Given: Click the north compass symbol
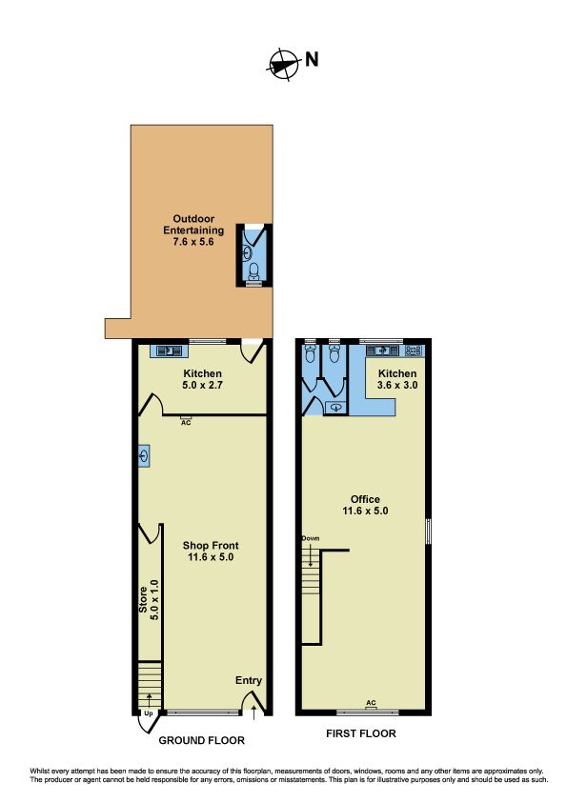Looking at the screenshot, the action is [x=283, y=65].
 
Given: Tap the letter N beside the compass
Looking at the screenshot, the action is [x=312, y=60].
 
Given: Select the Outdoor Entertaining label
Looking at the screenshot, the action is [x=193, y=231].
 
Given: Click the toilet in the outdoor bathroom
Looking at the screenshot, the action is [x=253, y=272].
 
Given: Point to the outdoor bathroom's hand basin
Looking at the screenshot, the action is [x=247, y=252].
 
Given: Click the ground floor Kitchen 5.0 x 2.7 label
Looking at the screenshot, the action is [x=203, y=379].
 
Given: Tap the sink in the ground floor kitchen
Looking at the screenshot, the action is [x=169, y=351].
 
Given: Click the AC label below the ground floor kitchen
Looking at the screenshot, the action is [x=186, y=423].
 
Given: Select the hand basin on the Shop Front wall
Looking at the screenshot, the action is [x=144, y=455].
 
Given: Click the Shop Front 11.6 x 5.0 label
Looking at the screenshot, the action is [x=211, y=551].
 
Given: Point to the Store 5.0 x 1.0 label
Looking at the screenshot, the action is [x=149, y=600].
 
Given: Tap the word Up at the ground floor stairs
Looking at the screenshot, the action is [x=149, y=713].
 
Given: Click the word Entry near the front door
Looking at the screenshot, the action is [x=249, y=680].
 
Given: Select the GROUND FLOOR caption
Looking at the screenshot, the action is [x=202, y=740].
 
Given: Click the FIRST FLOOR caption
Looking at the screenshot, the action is [x=361, y=733].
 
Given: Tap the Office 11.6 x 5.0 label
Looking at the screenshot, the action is [x=365, y=505].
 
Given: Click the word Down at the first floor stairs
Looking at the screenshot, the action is [x=311, y=538].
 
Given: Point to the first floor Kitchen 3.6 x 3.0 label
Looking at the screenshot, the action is [x=397, y=379].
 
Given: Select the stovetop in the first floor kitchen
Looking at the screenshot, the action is [x=413, y=351].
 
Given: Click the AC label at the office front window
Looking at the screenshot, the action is [x=371, y=703].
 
